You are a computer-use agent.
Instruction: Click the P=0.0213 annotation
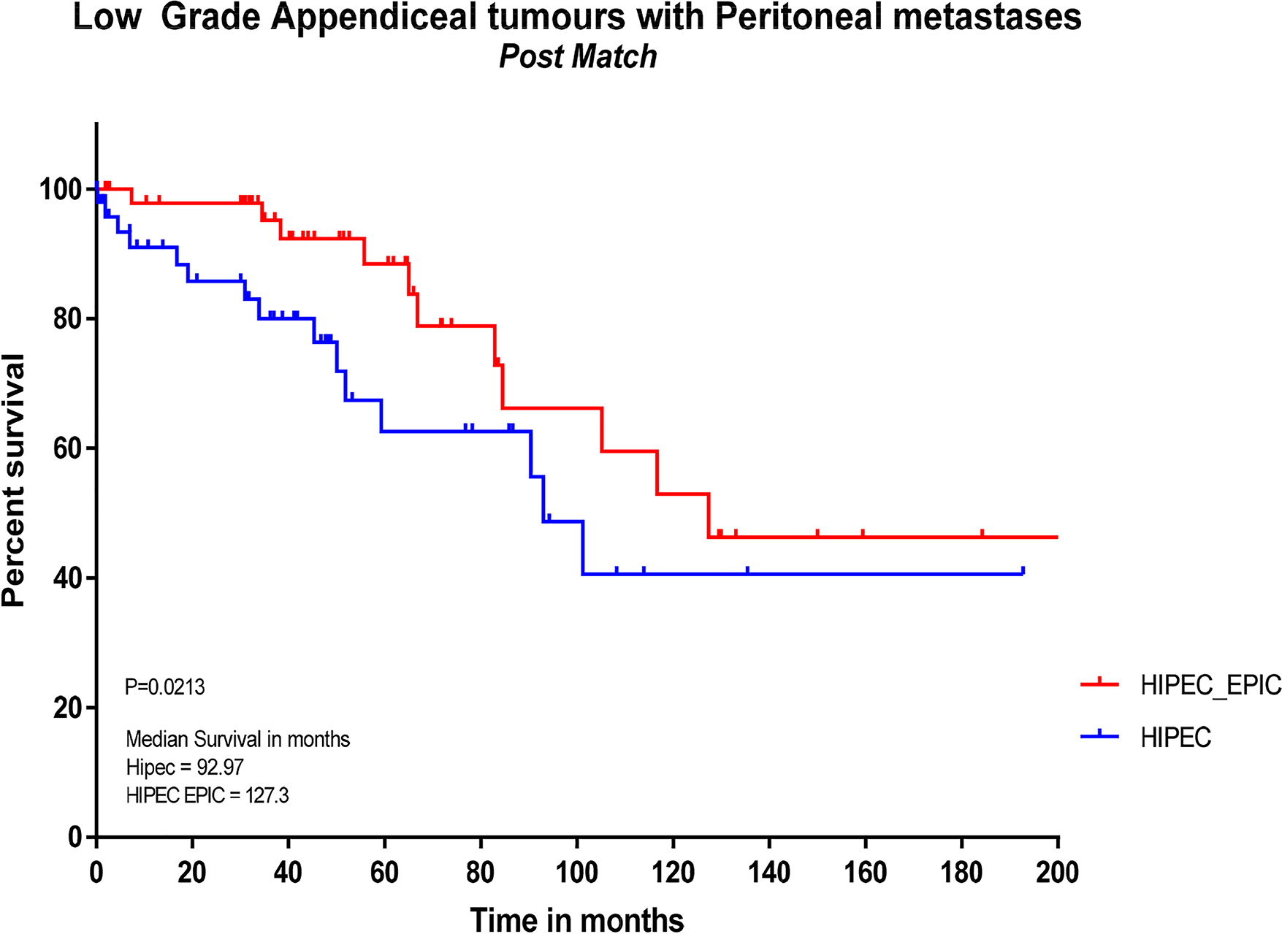tap(164, 687)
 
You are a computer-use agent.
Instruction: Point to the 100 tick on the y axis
tap(60, 190)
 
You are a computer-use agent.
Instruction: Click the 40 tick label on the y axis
tap(67, 578)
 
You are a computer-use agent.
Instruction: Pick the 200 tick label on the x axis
tap(1057, 873)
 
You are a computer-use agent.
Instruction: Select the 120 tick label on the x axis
tap(673, 873)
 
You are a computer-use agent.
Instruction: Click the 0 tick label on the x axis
tap(96, 873)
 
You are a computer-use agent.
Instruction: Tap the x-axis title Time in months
tap(576, 919)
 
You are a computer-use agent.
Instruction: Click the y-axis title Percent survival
tap(15, 480)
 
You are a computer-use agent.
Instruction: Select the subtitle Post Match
tap(578, 57)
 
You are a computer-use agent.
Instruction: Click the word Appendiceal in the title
tap(373, 18)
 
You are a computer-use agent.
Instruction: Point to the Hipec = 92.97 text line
tap(185, 768)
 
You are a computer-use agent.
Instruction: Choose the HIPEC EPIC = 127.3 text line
tap(207, 795)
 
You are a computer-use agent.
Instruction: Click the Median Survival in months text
tap(237, 740)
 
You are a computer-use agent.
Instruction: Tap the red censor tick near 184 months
tap(982, 532)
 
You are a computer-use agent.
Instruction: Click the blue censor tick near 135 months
tap(747, 570)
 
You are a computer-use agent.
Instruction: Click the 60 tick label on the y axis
tap(67, 448)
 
